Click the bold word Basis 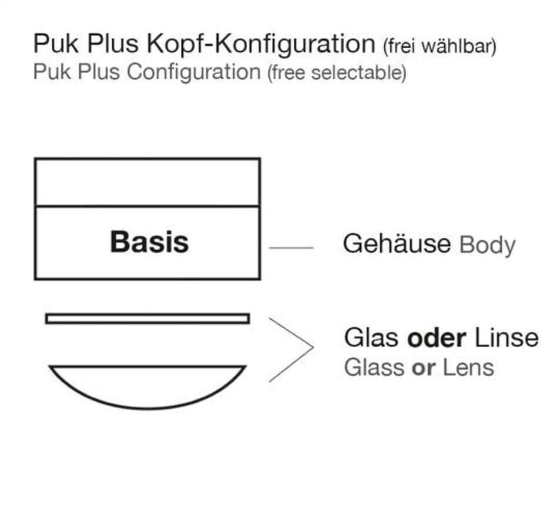[x=149, y=242]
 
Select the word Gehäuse [x=397, y=243]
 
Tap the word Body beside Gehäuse [x=487, y=244]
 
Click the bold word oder [x=437, y=338]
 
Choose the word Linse [x=506, y=338]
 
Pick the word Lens [x=469, y=368]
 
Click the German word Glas [x=372, y=338]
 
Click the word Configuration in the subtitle [x=193, y=72]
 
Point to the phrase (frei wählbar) [x=439, y=46]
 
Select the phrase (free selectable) [x=336, y=74]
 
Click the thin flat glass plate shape [x=147, y=318]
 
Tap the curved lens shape [x=147, y=385]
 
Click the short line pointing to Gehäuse [x=291, y=248]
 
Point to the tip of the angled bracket [x=313, y=348]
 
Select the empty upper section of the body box [x=147, y=182]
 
